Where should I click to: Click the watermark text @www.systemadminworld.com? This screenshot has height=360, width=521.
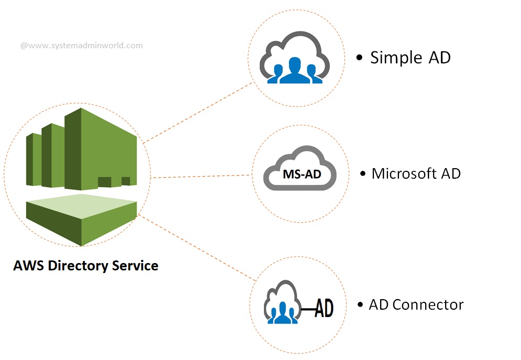click(x=81, y=46)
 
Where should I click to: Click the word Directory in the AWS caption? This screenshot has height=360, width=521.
click(x=78, y=266)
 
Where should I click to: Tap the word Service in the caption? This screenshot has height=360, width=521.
click(x=135, y=266)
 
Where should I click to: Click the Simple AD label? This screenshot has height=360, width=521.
click(x=410, y=57)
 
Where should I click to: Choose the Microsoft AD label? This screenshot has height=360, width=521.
click(x=416, y=173)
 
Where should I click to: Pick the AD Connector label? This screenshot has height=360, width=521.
click(x=416, y=304)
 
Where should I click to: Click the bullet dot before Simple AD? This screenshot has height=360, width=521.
click(x=359, y=58)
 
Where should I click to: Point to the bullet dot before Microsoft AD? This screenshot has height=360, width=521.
click(x=363, y=174)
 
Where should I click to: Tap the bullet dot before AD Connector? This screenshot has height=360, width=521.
click(x=360, y=305)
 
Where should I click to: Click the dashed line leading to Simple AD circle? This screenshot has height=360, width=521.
click(x=199, y=112)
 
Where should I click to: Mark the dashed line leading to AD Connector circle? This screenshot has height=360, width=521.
click(x=199, y=246)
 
